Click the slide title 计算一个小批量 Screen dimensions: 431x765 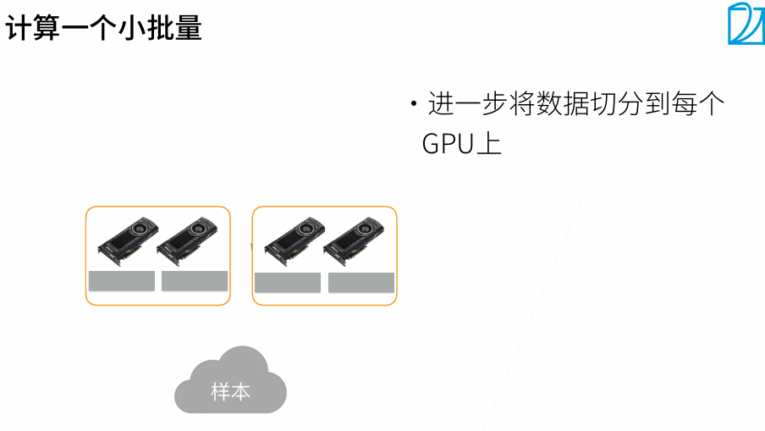tap(104, 28)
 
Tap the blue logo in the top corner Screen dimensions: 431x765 tap(745, 24)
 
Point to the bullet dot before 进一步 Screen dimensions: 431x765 tap(414, 105)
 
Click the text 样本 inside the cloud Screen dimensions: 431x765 tap(230, 392)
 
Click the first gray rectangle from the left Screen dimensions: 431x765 tap(121, 281)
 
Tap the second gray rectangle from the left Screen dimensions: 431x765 tap(195, 281)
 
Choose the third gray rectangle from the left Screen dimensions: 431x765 tap(288, 283)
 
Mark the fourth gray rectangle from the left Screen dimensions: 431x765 tap(361, 283)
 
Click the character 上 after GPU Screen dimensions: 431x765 tap(489, 143)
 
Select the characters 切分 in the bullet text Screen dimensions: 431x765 tap(630, 104)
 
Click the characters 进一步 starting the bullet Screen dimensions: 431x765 tap(467, 104)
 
